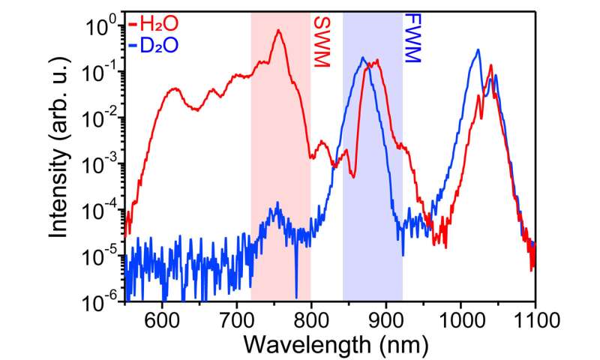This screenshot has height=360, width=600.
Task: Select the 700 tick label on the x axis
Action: tap(237, 320)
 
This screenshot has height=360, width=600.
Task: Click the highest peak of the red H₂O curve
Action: tap(278, 31)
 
